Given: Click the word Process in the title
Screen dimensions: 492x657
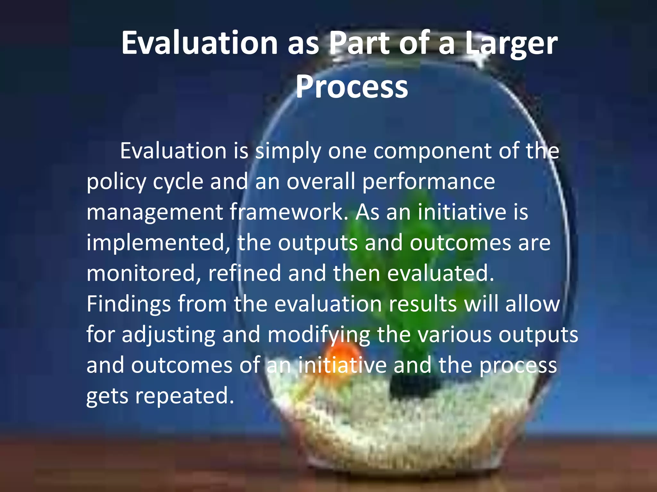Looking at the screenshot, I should [352, 87].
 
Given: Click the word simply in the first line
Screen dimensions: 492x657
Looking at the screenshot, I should [288, 151].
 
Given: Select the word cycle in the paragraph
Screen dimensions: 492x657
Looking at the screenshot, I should [178, 182].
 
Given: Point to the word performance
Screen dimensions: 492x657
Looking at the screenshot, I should [429, 182].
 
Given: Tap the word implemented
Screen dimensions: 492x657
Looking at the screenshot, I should [158, 243].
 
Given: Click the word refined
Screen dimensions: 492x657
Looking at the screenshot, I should [244, 273].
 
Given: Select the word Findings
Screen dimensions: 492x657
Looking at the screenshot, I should [128, 304].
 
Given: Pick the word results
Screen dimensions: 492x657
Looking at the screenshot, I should [422, 304].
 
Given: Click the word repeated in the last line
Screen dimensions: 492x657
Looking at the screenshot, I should [184, 396].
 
